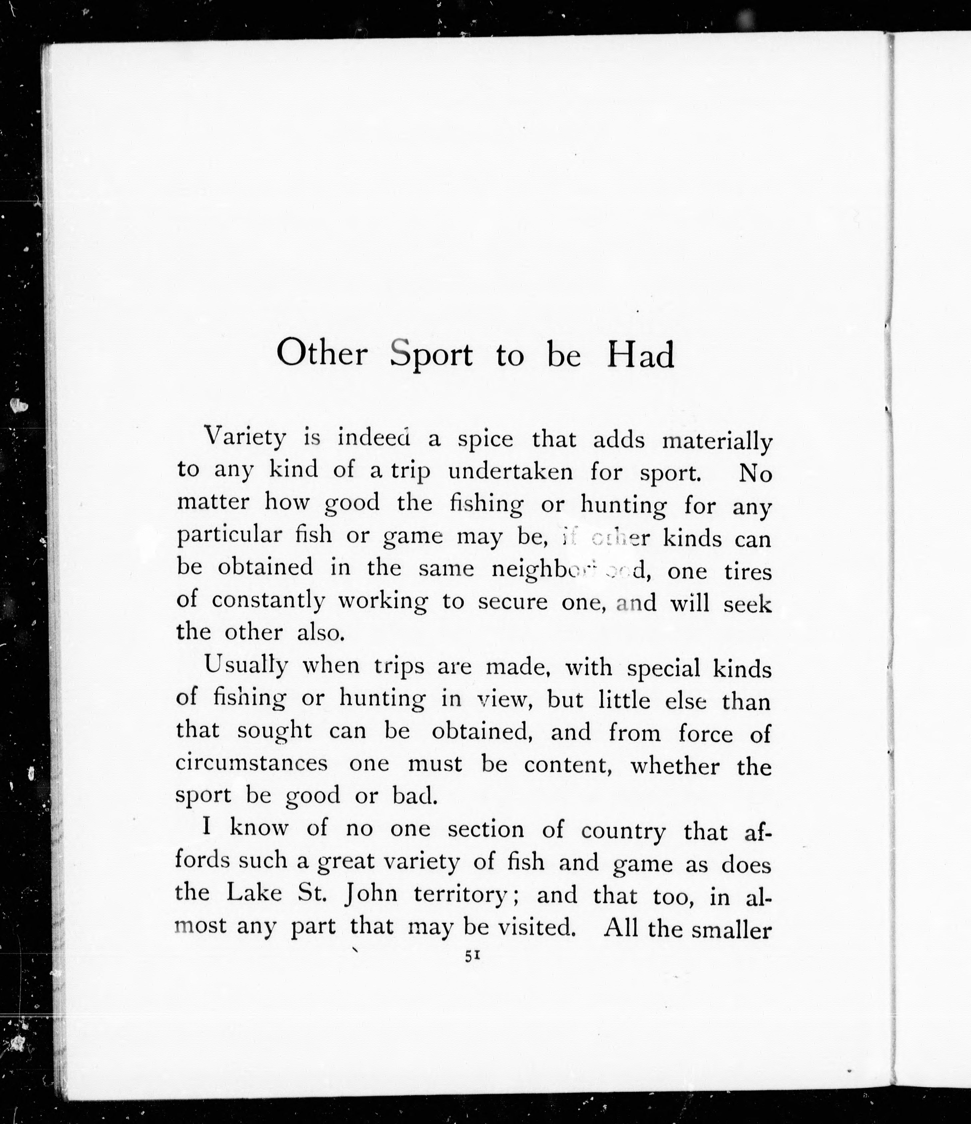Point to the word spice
tap(485, 440)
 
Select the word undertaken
tap(510, 472)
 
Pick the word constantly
tap(268, 601)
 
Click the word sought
tap(274, 732)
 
